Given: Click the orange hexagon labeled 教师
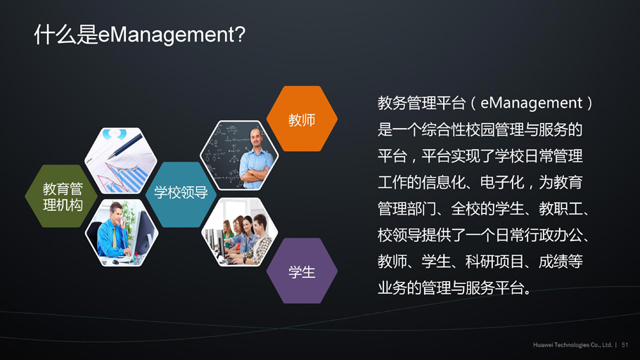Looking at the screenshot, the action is (x=302, y=119).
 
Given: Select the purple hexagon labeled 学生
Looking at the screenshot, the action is (x=302, y=271).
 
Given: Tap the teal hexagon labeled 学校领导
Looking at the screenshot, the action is (x=181, y=194).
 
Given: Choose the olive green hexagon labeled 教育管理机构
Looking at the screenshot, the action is (x=62, y=196).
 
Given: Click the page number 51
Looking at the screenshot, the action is (x=625, y=345).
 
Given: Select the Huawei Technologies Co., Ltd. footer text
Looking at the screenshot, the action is (x=572, y=345).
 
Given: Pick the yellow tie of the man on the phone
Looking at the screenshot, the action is (x=115, y=237).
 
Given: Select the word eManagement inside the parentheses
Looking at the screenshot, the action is (x=532, y=103).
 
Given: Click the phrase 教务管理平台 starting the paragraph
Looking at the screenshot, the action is (x=421, y=103).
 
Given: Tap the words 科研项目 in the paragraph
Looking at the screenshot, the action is (x=494, y=262).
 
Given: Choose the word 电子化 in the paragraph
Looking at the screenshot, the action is (x=501, y=182).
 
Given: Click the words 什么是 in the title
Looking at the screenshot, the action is (x=65, y=34).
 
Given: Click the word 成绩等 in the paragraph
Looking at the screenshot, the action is (x=561, y=262).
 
